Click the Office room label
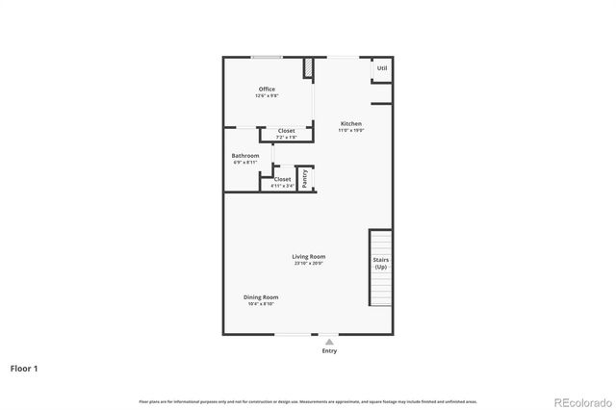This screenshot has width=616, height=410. (x=267, y=90)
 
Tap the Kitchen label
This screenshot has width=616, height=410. (x=351, y=123)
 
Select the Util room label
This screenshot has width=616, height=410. (x=382, y=68)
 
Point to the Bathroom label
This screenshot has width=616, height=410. (x=244, y=156)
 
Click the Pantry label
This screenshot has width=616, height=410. (x=305, y=178)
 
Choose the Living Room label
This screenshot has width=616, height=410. (x=310, y=256)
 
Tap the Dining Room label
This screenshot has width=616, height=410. (x=261, y=297)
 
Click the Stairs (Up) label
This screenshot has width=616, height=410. (x=381, y=264)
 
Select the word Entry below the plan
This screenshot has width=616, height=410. (x=329, y=351)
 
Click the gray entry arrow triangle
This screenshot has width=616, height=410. (x=329, y=341)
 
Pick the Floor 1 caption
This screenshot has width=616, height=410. (x=24, y=368)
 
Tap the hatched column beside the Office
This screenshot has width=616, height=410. (x=309, y=69)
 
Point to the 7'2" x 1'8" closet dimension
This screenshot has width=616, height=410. (x=286, y=138)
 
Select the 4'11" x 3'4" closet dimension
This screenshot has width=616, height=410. (x=283, y=186)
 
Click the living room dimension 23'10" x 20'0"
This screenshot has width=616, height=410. (x=310, y=263)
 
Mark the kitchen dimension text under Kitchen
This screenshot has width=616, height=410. (x=351, y=130)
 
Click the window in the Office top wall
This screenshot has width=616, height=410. (x=267, y=57)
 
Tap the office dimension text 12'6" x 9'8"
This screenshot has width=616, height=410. (x=267, y=96)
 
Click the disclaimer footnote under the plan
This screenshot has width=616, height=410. (x=308, y=400)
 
